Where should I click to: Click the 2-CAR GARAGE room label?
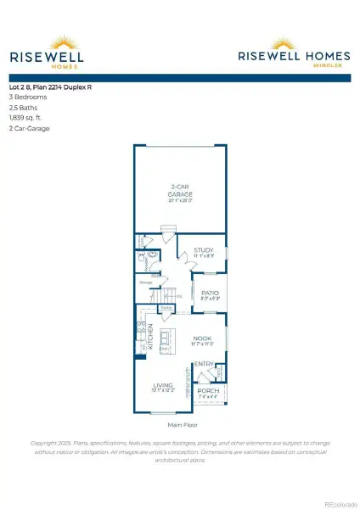click(179, 192)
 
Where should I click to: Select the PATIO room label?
click(210, 294)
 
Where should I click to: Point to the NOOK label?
click(201, 339)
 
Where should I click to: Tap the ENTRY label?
click(204, 365)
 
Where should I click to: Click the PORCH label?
click(208, 391)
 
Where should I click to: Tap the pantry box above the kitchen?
click(167, 308)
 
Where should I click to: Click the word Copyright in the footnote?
click(47, 443)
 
